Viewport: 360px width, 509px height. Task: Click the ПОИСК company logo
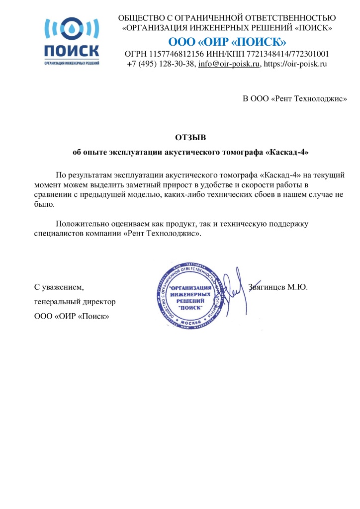tap(72, 42)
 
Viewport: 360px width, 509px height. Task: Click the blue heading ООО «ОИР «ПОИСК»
tap(227, 41)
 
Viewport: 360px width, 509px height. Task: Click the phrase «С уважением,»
tap(59, 287)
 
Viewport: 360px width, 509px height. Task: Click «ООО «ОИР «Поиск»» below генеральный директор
tap(72, 316)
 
